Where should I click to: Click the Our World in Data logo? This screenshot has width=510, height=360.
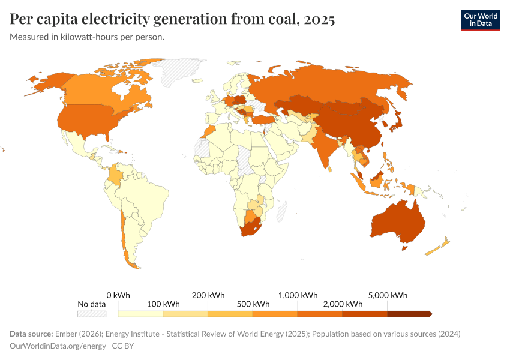pos(480,19)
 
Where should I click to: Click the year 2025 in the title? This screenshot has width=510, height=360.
pos(320,19)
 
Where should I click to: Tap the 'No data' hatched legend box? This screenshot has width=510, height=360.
pos(92,313)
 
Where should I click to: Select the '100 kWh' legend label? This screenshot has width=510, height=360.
pos(163,304)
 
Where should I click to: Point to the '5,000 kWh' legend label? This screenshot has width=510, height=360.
pos(388,295)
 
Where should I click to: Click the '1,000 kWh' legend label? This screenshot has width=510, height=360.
pos(298,295)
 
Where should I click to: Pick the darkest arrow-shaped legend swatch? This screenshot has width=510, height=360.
pos(409,313)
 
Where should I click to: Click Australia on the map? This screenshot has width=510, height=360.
pos(397,223)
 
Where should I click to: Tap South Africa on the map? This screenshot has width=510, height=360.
pos(251,229)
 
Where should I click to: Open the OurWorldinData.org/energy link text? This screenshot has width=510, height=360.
pos(57,346)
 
